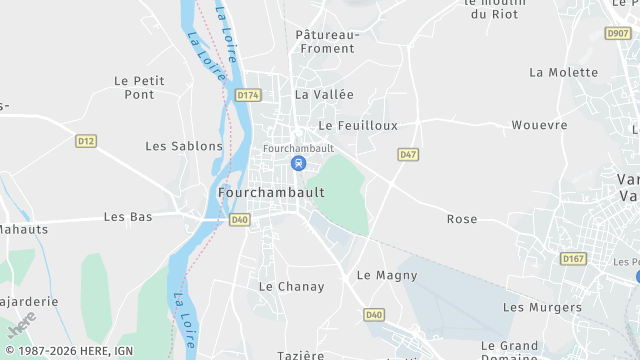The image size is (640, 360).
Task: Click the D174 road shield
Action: pyautogui.click(x=248, y=95)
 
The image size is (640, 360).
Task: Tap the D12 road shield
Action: pyautogui.click(x=86, y=141)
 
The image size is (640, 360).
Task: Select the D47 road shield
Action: pyautogui.click(x=408, y=155)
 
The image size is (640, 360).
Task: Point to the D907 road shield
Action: pyautogui.click(x=618, y=33)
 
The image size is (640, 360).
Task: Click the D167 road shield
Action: pyautogui.click(x=573, y=258)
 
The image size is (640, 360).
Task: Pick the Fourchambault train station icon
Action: pyautogui.click(x=297, y=163)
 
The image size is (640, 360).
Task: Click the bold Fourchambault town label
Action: pyautogui.click(x=271, y=192)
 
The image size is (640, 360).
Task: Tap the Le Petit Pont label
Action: pyautogui.click(x=134, y=88)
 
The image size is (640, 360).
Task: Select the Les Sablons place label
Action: pyautogui.click(x=184, y=146)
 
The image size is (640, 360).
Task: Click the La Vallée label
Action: pyautogui.click(x=324, y=95)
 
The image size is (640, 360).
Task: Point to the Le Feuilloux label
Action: pyautogui.click(x=358, y=126)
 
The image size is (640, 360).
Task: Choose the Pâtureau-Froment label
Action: pyautogui.click(x=326, y=41)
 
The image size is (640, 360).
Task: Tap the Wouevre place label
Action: pyautogui.click(x=539, y=126)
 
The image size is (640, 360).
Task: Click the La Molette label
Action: pyautogui.click(x=564, y=73)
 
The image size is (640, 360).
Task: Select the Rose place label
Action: pyautogui.click(x=462, y=219)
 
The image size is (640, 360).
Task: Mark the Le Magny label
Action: pyautogui.click(x=380, y=275)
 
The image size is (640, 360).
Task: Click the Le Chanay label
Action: pyautogui.click(x=292, y=287)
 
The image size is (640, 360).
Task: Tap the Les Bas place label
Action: pyautogui.click(x=128, y=217)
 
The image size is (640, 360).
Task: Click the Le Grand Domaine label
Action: pyautogui.click(x=510, y=351)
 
